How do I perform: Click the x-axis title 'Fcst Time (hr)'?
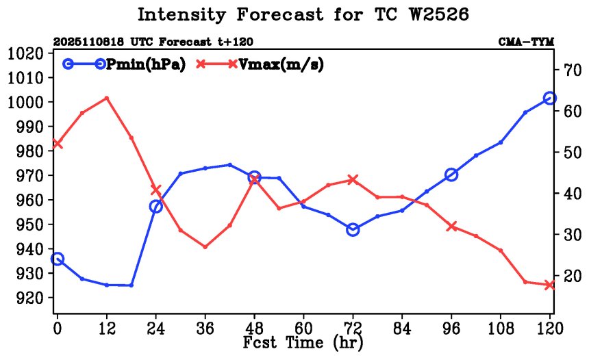(303, 342)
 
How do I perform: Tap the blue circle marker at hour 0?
(58, 259)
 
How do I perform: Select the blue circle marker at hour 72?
(353, 229)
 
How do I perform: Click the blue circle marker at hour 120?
(549, 99)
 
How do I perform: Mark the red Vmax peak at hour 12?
(107, 98)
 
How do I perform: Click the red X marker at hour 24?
(156, 190)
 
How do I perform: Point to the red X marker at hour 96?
(451, 226)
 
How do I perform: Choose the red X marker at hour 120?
(549, 285)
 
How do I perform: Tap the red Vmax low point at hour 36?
(205, 246)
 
